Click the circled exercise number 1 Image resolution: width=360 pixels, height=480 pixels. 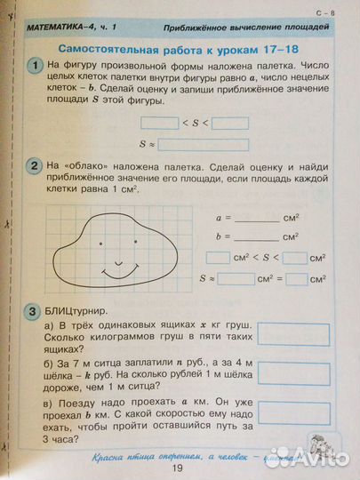click(x=34, y=68)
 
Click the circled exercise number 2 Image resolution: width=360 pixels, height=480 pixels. click(x=34, y=165)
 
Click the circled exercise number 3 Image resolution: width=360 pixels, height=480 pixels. click(x=34, y=312)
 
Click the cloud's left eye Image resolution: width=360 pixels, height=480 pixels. click(x=100, y=241)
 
